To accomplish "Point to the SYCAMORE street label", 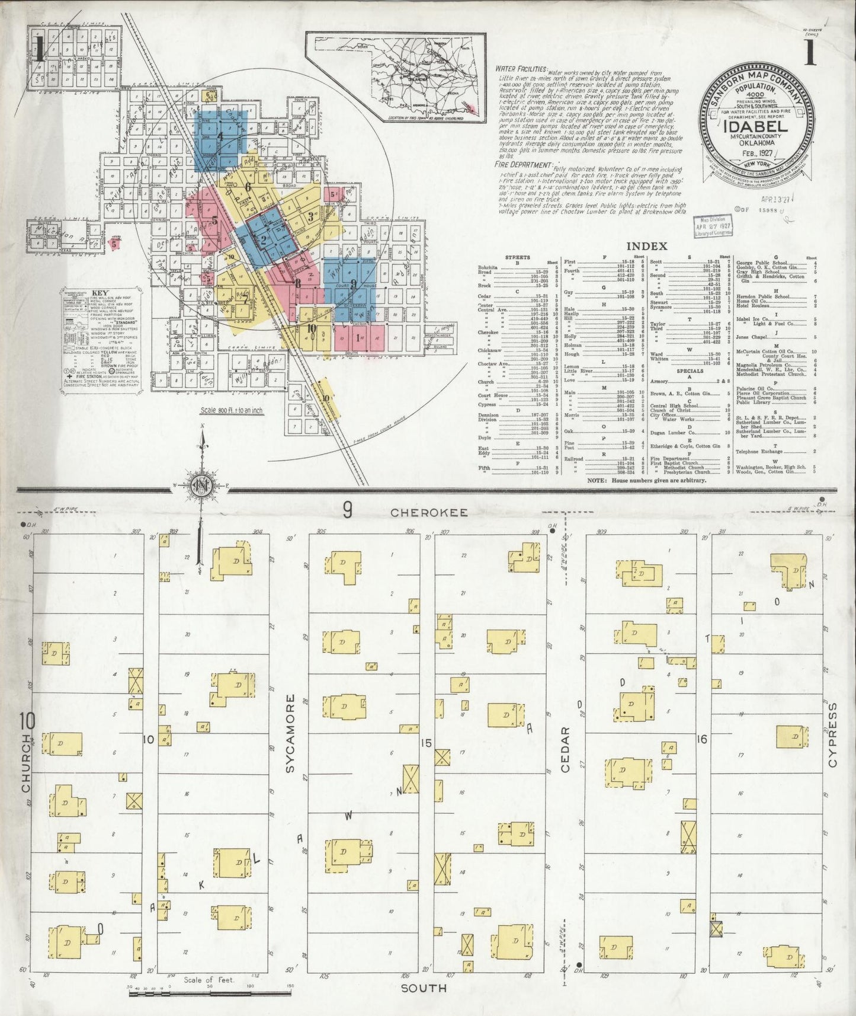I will tap(290, 743).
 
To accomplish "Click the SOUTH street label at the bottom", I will tap(424, 988).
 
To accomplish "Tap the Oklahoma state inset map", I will tap(396, 77).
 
